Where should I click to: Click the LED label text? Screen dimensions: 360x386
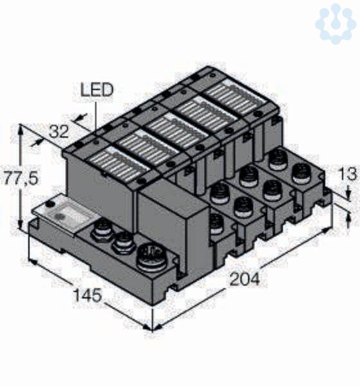97,90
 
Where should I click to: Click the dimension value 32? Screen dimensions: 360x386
59,131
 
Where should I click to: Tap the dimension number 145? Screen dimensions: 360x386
87,295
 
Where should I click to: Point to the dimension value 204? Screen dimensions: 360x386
244,279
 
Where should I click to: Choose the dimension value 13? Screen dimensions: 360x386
347,174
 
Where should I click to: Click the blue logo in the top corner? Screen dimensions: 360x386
336,23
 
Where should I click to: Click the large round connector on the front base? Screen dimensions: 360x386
151,257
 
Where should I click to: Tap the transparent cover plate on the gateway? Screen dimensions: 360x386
66,214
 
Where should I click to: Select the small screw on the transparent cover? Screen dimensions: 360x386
50,204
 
